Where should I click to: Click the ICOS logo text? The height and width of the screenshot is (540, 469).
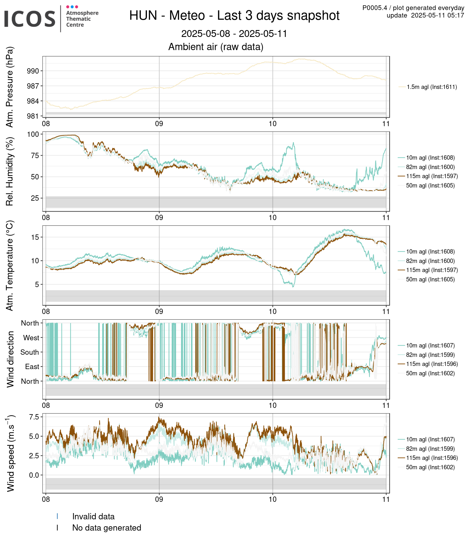point(30,18)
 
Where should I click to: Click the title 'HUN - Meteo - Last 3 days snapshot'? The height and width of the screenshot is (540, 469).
point(234,15)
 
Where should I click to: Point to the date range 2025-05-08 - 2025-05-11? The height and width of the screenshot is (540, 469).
point(234,33)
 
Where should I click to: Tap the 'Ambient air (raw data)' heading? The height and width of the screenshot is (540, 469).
point(216,47)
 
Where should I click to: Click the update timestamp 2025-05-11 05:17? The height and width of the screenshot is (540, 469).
point(437,15)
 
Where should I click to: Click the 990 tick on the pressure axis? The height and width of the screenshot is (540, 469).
point(33,71)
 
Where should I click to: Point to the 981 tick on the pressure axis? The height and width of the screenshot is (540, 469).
point(33,116)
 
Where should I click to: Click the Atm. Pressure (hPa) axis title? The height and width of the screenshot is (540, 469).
point(10,87)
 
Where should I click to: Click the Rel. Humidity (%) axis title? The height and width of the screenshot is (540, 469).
point(10,172)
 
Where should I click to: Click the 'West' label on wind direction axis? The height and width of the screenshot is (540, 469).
point(31,338)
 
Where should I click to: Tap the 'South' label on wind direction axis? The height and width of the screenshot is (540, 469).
point(30,352)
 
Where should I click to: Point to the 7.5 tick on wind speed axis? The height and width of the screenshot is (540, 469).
point(34,417)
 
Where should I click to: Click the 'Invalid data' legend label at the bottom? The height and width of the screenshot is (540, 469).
point(93,517)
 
